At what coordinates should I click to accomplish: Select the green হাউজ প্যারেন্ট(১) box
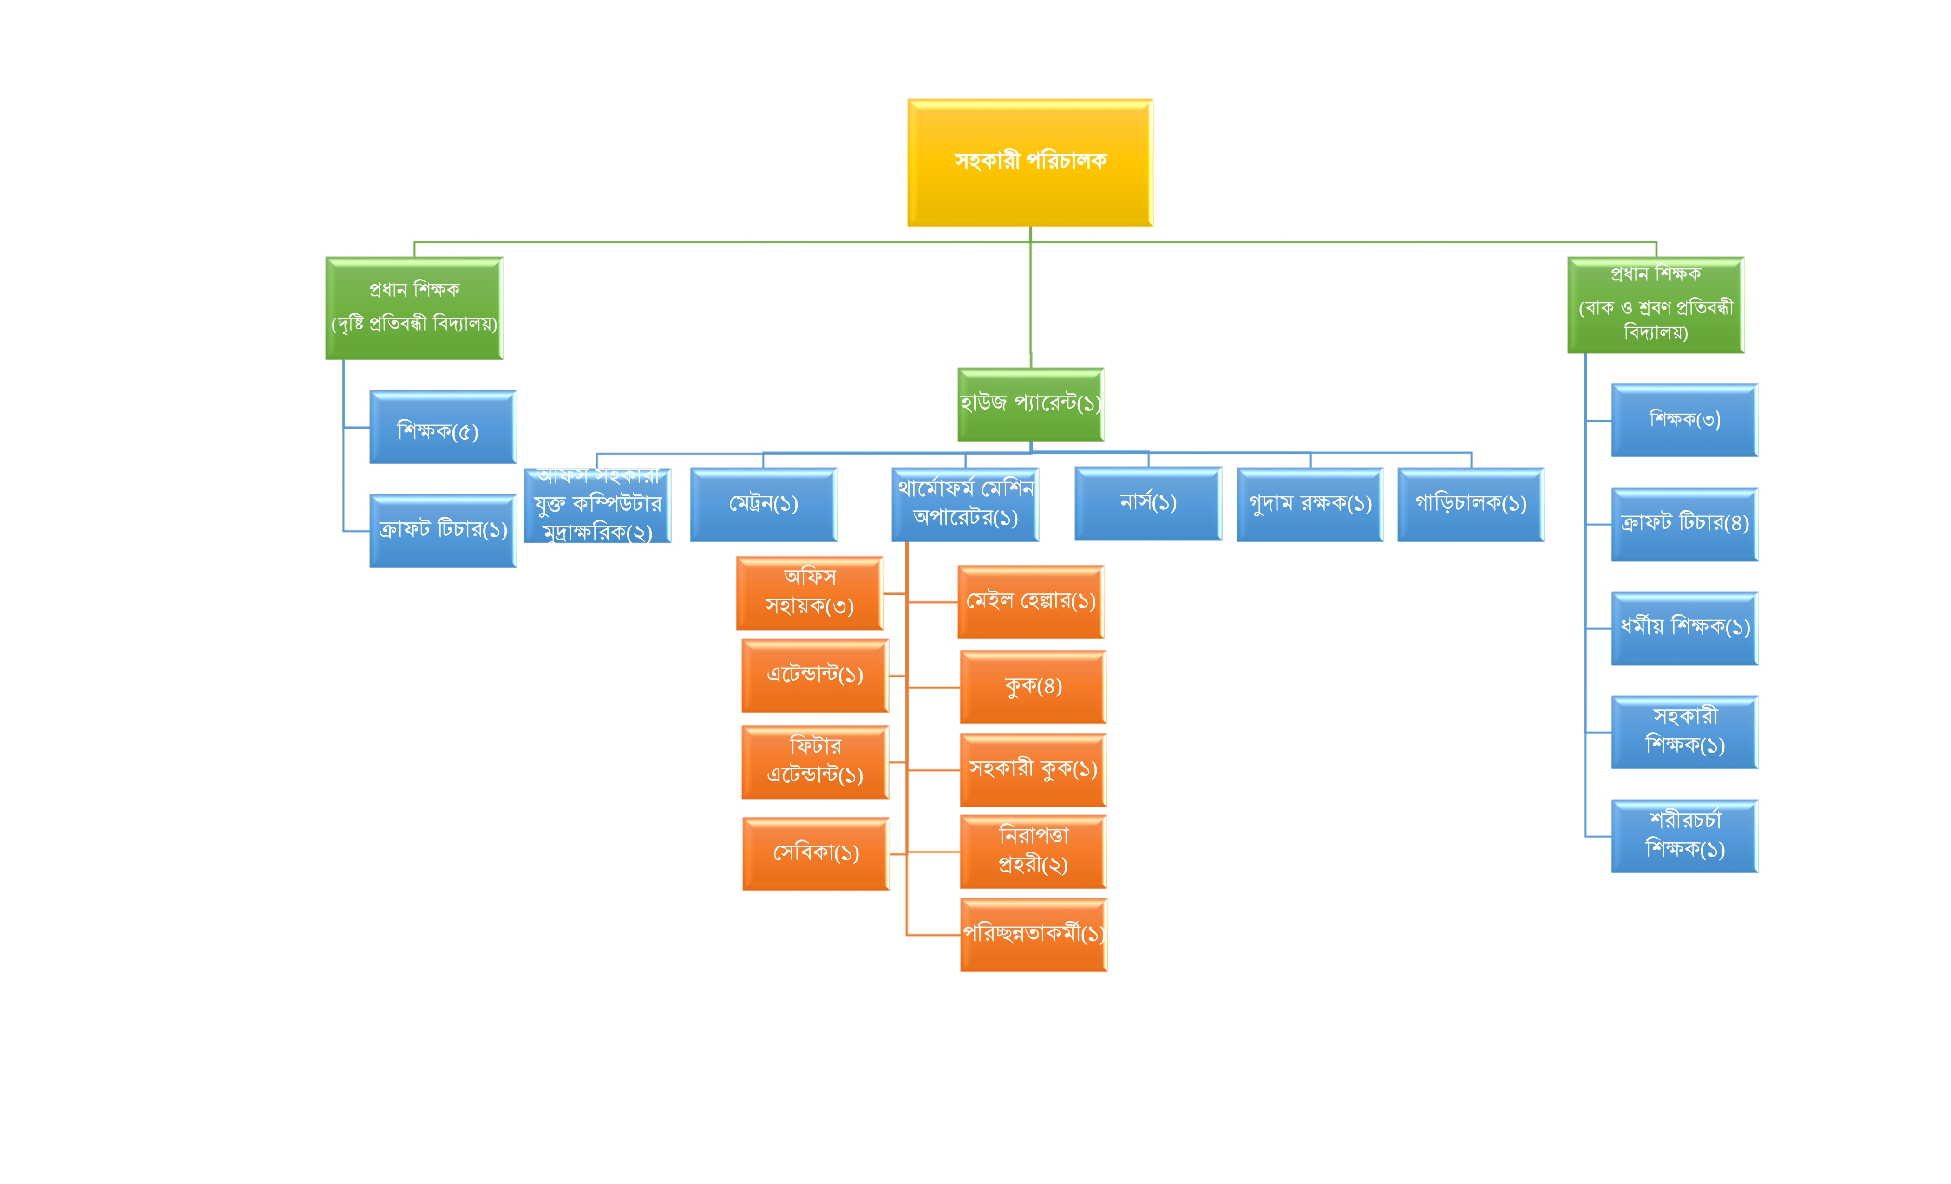pyautogui.click(x=1030, y=404)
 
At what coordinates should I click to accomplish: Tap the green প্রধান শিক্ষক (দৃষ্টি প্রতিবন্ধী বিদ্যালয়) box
pyautogui.click(x=414, y=308)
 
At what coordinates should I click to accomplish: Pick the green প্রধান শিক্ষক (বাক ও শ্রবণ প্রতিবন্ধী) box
pyautogui.click(x=1656, y=305)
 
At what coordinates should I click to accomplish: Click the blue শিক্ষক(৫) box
pyautogui.click(x=443, y=427)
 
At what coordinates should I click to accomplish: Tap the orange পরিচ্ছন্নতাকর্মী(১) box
pyautogui.click(x=1033, y=935)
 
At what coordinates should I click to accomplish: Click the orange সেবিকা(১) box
pyautogui.click(x=816, y=854)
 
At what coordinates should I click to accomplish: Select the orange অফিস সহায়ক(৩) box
pyautogui.click(x=809, y=593)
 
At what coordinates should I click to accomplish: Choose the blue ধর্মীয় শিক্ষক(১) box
pyautogui.click(x=1684, y=628)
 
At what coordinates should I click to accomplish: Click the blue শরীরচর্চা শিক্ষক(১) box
pyautogui.click(x=1684, y=836)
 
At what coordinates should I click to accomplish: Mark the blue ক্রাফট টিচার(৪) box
pyautogui.click(x=1684, y=524)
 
